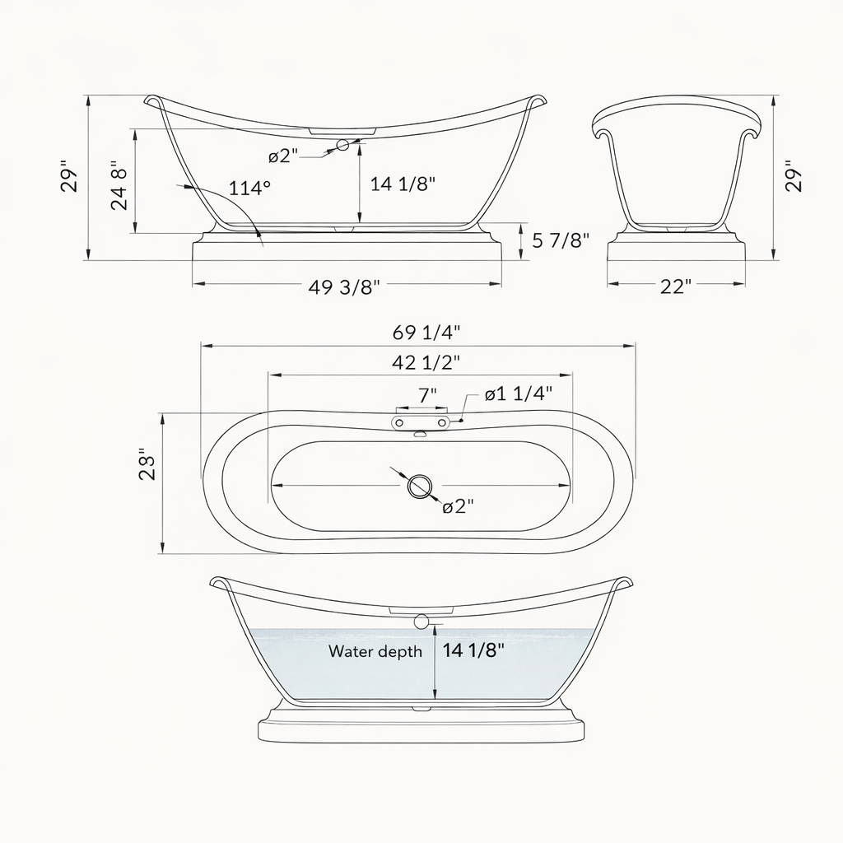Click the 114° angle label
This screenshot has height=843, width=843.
(x=249, y=188)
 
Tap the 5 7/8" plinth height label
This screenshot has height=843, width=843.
(x=561, y=240)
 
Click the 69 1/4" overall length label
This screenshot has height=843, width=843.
(x=426, y=333)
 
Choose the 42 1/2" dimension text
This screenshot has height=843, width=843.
(x=426, y=361)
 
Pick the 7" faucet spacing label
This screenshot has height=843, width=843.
(x=427, y=395)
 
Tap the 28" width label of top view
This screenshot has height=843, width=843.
(x=147, y=465)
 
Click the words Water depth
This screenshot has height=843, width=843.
(x=375, y=651)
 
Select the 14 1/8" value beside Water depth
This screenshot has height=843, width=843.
(x=473, y=650)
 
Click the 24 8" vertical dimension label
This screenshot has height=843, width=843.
(x=120, y=186)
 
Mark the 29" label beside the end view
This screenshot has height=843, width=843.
(x=793, y=176)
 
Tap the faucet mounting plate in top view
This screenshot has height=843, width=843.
(x=421, y=421)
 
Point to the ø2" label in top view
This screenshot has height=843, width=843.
(x=459, y=506)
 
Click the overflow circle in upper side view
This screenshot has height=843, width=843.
(x=343, y=146)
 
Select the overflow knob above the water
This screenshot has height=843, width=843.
(x=422, y=622)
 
